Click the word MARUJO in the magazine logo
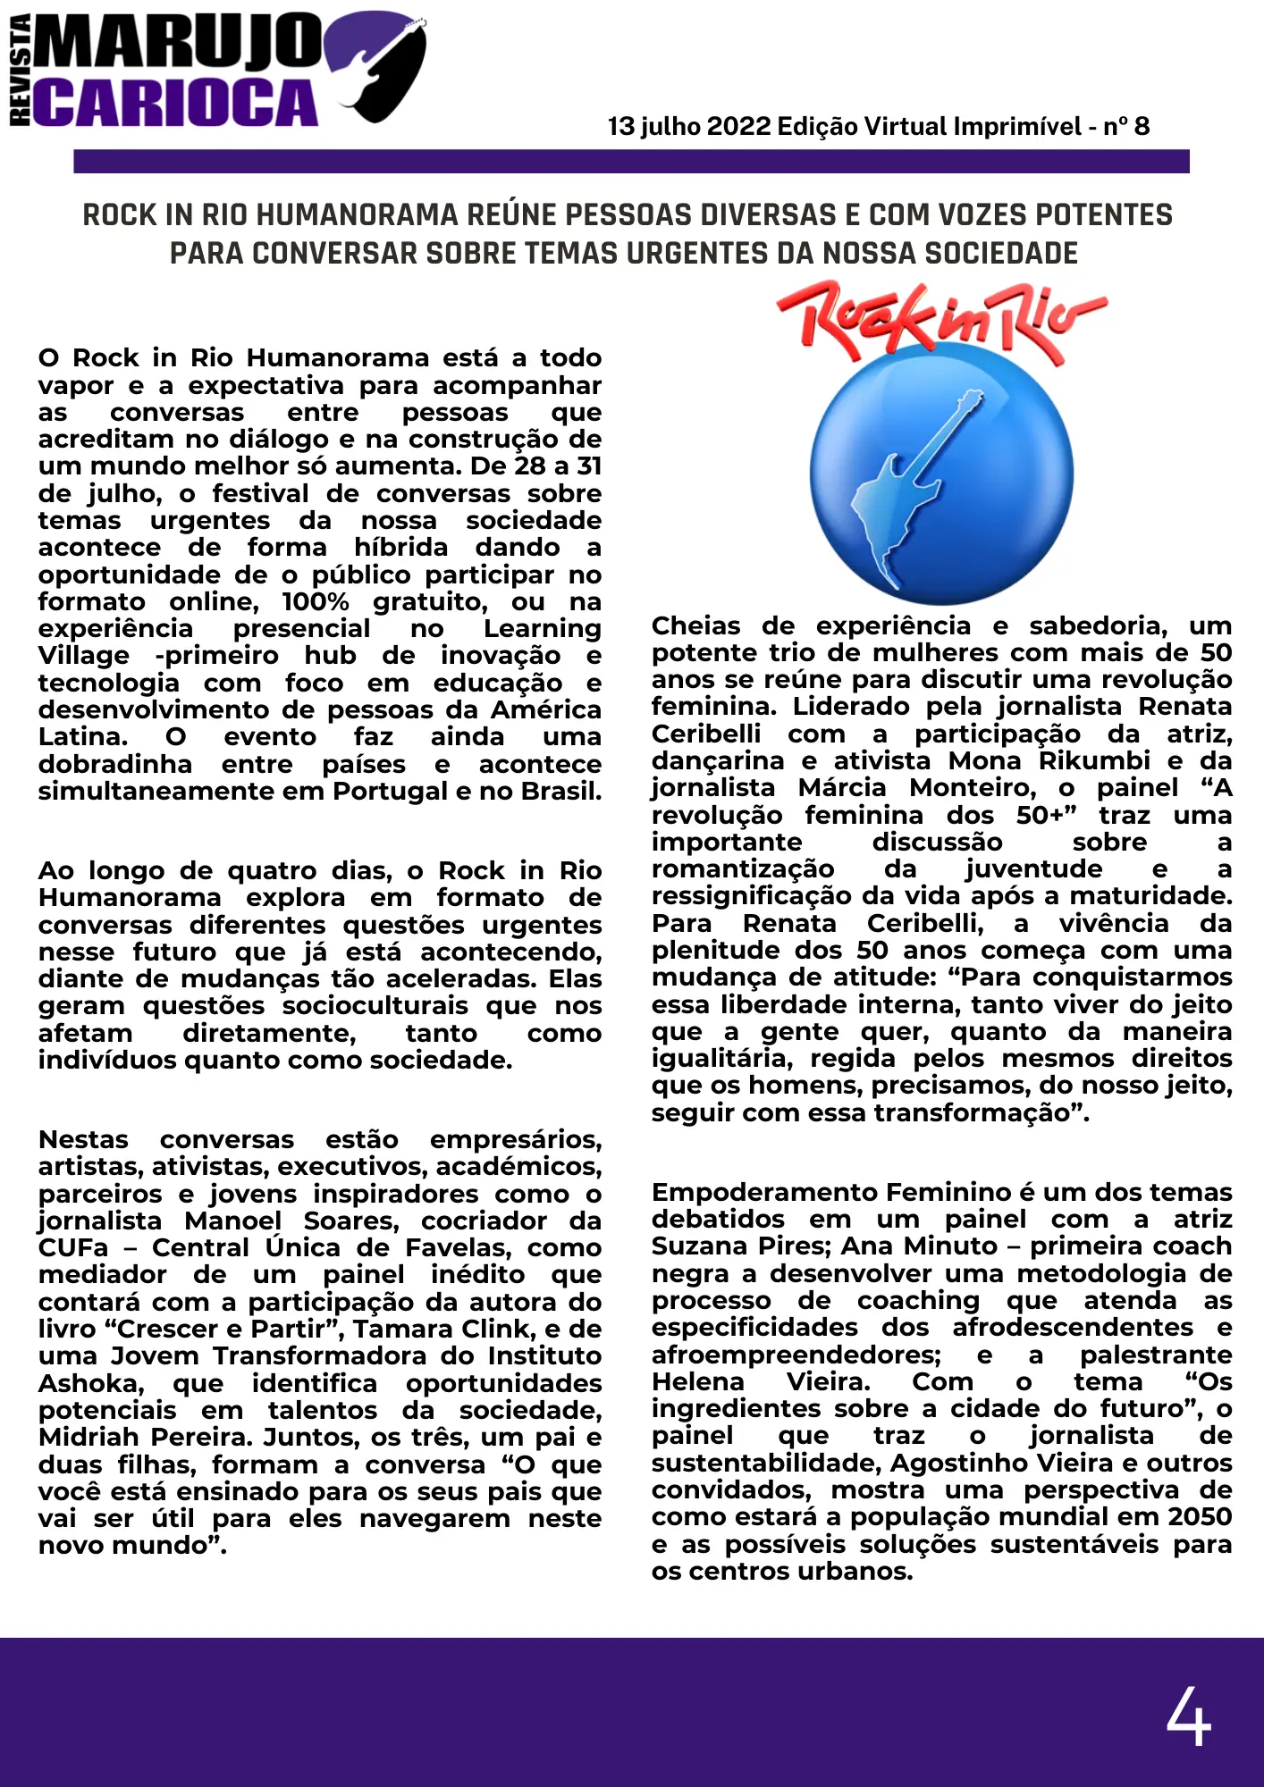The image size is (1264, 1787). (179, 42)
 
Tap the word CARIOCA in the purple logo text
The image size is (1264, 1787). (177, 103)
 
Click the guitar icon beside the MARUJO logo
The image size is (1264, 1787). (380, 67)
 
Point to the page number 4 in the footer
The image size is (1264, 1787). (1188, 1716)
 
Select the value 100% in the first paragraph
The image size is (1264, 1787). (315, 602)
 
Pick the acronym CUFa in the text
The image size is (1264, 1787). (73, 1248)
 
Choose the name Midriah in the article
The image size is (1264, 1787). (89, 1438)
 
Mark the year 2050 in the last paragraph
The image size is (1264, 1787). (1197, 1517)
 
